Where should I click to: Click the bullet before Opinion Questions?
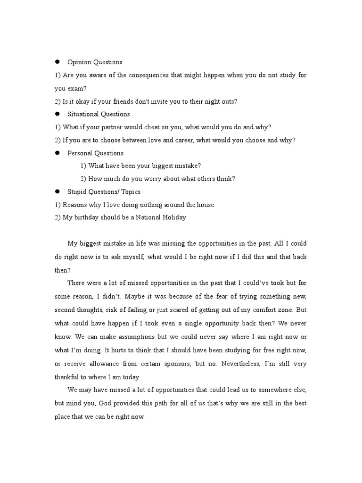pos(57,62)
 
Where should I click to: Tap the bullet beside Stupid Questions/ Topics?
pos(57,192)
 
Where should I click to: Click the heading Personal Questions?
pos(95,153)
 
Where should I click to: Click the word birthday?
pos(88,217)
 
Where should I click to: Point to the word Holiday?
pos(173,217)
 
